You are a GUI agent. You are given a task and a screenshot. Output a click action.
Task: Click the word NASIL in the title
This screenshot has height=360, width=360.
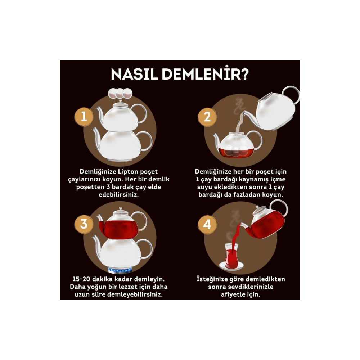point(134,74)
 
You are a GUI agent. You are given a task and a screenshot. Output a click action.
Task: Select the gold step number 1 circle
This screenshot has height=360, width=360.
point(84,117)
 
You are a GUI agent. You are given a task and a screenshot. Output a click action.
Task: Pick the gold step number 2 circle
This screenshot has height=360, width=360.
point(207,117)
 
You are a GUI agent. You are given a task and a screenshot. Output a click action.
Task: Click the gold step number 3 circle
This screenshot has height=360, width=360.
point(84,224)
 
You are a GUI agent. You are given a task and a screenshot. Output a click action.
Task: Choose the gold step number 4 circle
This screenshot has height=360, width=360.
point(207,224)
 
